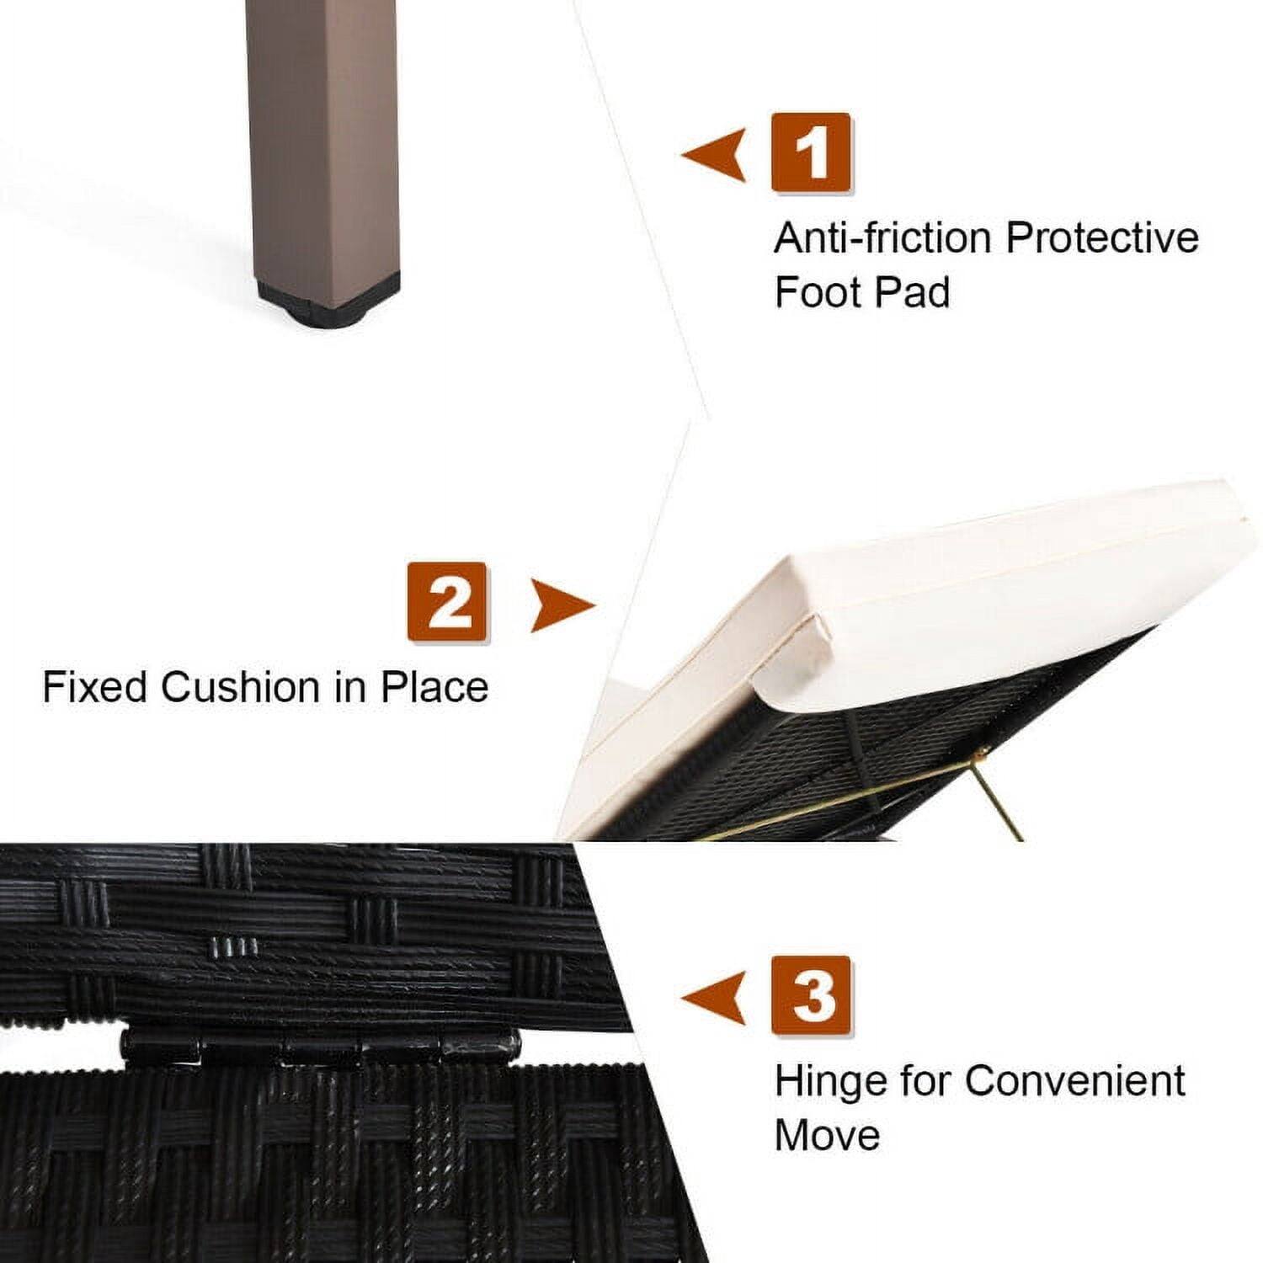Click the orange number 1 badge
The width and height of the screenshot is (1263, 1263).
point(812,152)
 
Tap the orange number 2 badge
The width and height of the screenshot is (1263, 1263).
point(447,603)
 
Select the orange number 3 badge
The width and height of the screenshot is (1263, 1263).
point(812,995)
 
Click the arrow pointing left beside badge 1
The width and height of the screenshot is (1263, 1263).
point(716,155)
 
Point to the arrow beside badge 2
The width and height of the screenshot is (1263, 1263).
point(560,605)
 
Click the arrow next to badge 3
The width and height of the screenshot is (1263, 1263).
point(716,999)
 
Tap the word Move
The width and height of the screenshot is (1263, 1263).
point(827,1135)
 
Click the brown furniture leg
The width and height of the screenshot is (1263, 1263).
point(323,143)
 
